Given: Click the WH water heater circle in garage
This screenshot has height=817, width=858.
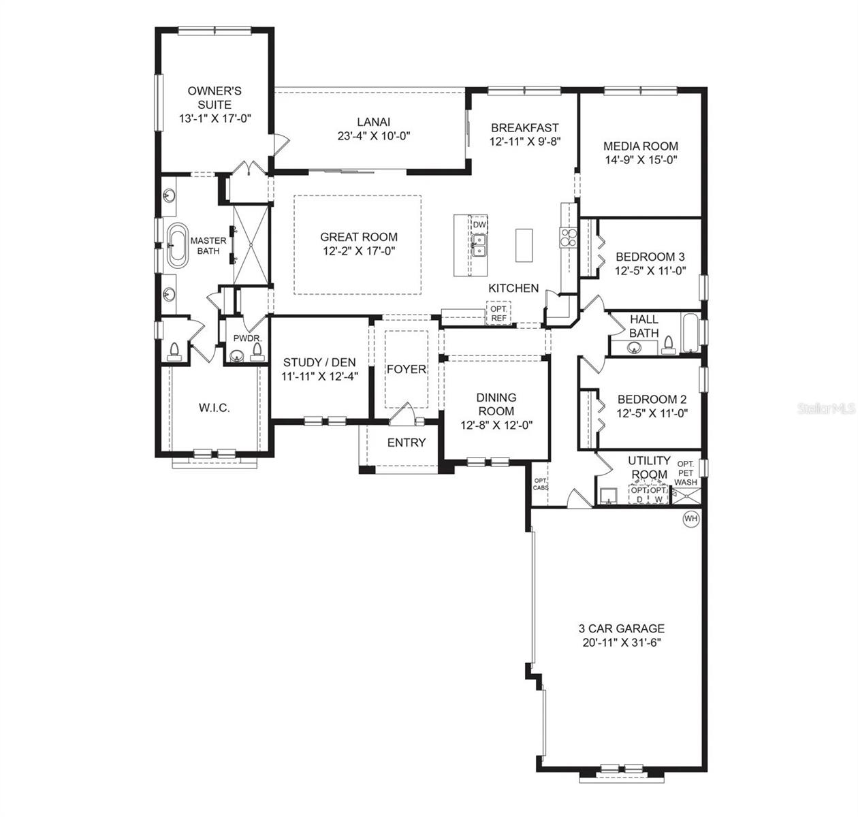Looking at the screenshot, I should pos(691,519).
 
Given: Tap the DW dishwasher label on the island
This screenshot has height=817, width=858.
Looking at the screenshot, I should pos(480,225).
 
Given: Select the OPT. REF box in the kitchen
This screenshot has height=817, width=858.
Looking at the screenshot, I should pos(498,313).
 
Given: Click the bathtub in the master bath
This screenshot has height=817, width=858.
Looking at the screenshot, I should pos(177,244).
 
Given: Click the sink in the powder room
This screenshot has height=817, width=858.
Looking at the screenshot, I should pos(236,355).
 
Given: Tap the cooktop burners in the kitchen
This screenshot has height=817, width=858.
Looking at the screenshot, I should pos(568,237).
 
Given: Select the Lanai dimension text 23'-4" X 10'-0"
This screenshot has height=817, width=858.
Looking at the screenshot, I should pos(373,135).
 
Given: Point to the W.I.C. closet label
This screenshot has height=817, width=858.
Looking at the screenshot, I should pos(214,408).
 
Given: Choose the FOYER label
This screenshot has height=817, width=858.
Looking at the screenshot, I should pos(407,369).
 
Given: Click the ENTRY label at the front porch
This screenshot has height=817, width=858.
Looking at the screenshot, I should pos(406,443).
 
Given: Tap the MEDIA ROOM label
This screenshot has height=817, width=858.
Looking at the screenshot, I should pos(640,146).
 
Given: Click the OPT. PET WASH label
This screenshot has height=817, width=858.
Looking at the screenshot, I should pos(686,473).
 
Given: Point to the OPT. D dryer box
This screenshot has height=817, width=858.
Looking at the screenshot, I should pos(639,494).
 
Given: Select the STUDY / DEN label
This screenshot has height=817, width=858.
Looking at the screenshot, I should pos(319,362).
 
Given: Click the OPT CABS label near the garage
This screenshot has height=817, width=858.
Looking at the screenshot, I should pos(540,483).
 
